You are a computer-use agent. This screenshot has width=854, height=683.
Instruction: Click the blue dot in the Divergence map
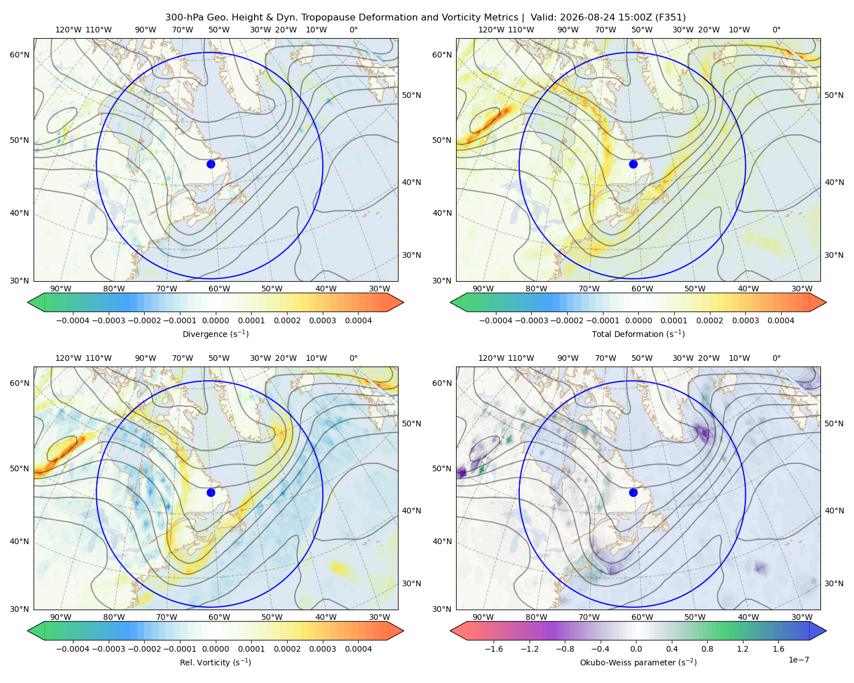pos(211,164)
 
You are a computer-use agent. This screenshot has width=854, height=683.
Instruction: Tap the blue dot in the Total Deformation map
pos(633,164)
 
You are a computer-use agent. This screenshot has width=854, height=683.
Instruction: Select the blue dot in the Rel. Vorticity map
pos(211,492)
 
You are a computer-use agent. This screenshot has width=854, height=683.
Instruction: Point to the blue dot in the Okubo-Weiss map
pos(633,492)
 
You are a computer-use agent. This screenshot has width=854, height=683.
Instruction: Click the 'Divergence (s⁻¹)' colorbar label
pos(215,334)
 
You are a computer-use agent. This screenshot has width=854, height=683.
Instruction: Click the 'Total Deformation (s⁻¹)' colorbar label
pos(638,334)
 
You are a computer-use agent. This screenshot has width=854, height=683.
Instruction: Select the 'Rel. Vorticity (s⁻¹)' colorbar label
pos(215,662)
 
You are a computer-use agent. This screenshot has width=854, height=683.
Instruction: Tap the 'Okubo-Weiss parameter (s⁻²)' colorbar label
pos(638,662)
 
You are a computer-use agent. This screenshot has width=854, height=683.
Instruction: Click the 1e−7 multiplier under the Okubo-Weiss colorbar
pos(798,660)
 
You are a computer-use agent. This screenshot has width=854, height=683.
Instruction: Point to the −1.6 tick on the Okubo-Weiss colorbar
pos(494,649)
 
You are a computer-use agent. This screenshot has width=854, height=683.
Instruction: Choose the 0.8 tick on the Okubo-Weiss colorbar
pos(707,649)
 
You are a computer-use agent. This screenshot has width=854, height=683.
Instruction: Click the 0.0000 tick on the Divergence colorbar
pos(215,320)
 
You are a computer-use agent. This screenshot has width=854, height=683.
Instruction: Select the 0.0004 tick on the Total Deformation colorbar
pos(781,320)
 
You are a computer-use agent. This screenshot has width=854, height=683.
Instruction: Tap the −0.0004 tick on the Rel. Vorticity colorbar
pos(73,649)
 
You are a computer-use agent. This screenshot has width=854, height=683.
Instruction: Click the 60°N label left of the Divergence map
pos(19,55)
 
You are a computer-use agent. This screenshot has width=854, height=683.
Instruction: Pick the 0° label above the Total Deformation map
pos(776,30)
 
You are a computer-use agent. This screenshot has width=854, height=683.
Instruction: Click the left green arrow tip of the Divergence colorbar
pos(28,302)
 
